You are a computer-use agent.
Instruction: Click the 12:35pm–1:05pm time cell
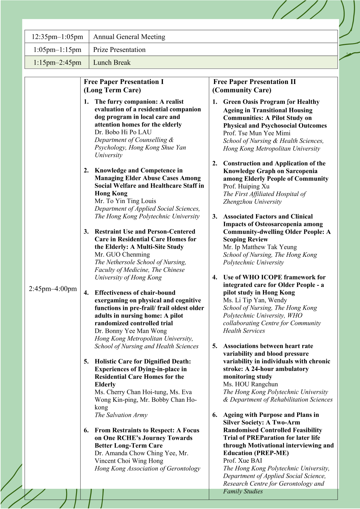57,37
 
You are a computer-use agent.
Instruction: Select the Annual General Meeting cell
129,37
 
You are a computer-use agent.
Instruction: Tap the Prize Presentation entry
119,50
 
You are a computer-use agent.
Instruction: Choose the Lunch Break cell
112,63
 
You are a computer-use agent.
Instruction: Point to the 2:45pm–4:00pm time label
53,289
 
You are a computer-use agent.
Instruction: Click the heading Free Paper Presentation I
124,82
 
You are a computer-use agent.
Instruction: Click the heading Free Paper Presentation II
254,82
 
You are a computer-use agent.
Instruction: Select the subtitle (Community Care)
242,90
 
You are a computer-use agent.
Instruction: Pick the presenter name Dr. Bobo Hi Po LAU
123,132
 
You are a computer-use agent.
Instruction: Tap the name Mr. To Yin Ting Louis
125,201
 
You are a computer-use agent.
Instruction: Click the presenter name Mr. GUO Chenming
122,254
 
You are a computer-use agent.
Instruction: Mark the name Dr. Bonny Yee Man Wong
131,331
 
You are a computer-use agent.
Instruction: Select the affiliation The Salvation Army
121,415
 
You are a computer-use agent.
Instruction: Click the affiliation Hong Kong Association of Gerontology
147,468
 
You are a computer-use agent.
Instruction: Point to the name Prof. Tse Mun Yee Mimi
257,133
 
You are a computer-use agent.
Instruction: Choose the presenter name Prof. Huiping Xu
246,186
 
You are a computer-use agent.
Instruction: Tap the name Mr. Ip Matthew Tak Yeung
260,247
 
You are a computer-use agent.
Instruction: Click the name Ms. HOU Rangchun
250,384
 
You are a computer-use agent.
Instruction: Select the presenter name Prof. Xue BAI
242,460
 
